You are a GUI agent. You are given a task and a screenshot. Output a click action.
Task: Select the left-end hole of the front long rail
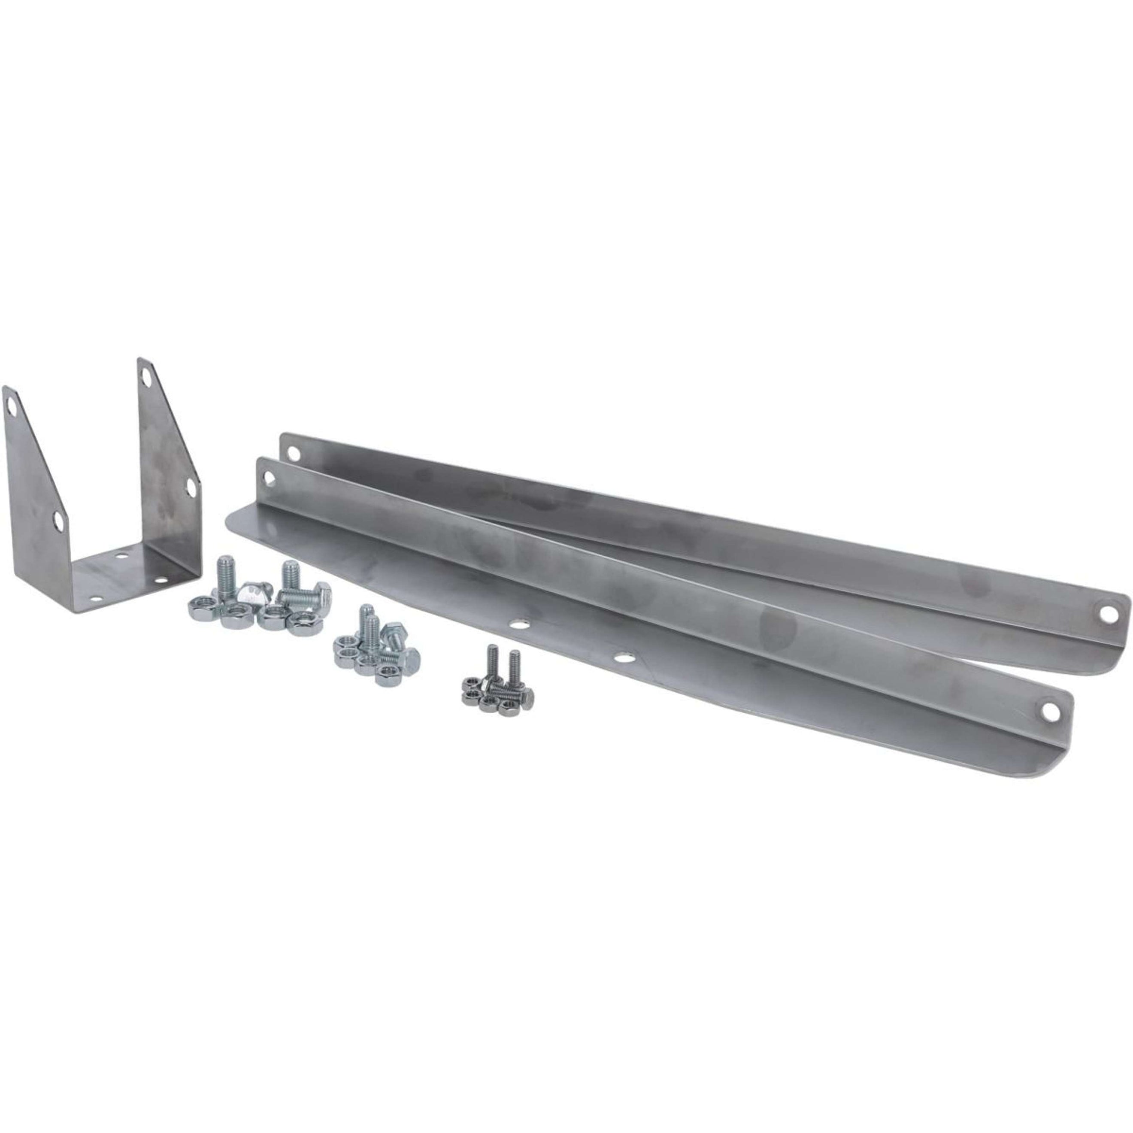tap(270, 479)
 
